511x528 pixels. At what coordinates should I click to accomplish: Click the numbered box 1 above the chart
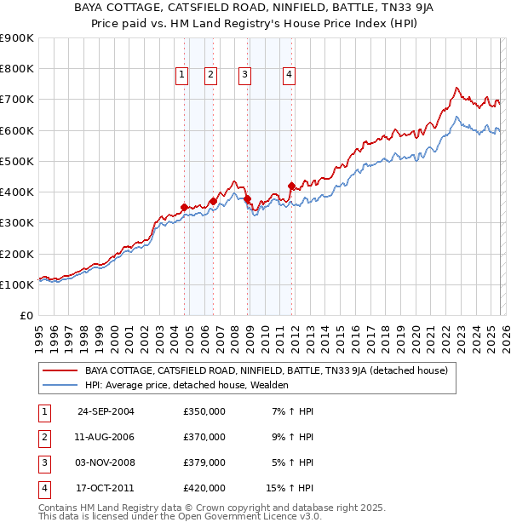pyautogui.click(x=182, y=75)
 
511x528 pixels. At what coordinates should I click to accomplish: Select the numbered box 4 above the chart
pyautogui.click(x=290, y=75)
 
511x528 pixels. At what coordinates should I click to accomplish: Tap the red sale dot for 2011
pyautogui.click(x=291, y=186)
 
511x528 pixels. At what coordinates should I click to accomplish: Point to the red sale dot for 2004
pyautogui.click(x=185, y=207)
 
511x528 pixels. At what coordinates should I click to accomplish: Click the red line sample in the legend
pyautogui.click(x=60, y=370)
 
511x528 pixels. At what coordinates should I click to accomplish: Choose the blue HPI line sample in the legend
pyautogui.click(x=60, y=385)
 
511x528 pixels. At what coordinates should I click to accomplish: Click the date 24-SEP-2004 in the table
pyautogui.click(x=106, y=411)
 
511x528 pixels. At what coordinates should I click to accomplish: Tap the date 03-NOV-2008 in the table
pyautogui.click(x=106, y=462)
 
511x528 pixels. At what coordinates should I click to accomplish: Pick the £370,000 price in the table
pyautogui.click(x=204, y=437)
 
